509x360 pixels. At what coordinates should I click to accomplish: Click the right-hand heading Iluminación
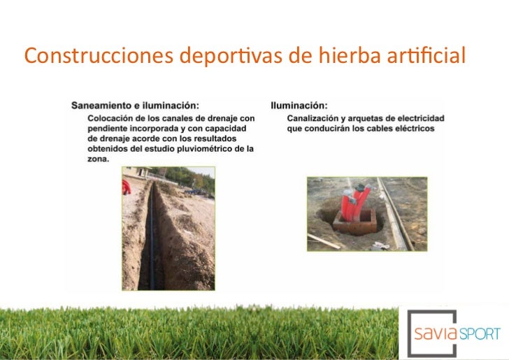(299, 106)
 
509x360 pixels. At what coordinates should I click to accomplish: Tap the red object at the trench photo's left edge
(127, 187)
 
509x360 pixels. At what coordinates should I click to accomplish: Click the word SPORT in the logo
(480, 333)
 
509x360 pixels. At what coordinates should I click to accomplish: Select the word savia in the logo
(438, 333)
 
